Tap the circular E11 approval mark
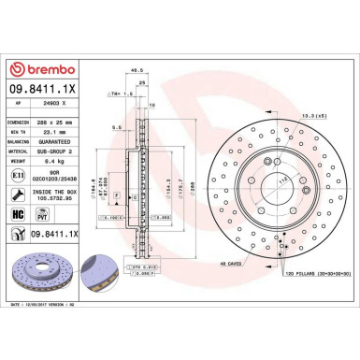coord(20,175)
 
